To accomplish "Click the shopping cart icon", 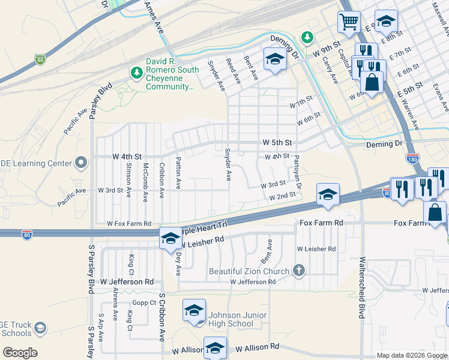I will [348, 23].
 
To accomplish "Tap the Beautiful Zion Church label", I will [250, 271].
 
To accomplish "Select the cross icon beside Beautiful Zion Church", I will [299, 270].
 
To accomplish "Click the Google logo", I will [20, 352].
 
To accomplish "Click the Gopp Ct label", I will [144, 303].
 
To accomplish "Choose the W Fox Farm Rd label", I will [128, 223].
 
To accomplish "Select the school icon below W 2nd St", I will [328, 194].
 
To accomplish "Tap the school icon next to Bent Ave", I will [275, 59].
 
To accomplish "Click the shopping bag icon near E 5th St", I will [372, 82].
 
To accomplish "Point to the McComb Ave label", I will [145, 182].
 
